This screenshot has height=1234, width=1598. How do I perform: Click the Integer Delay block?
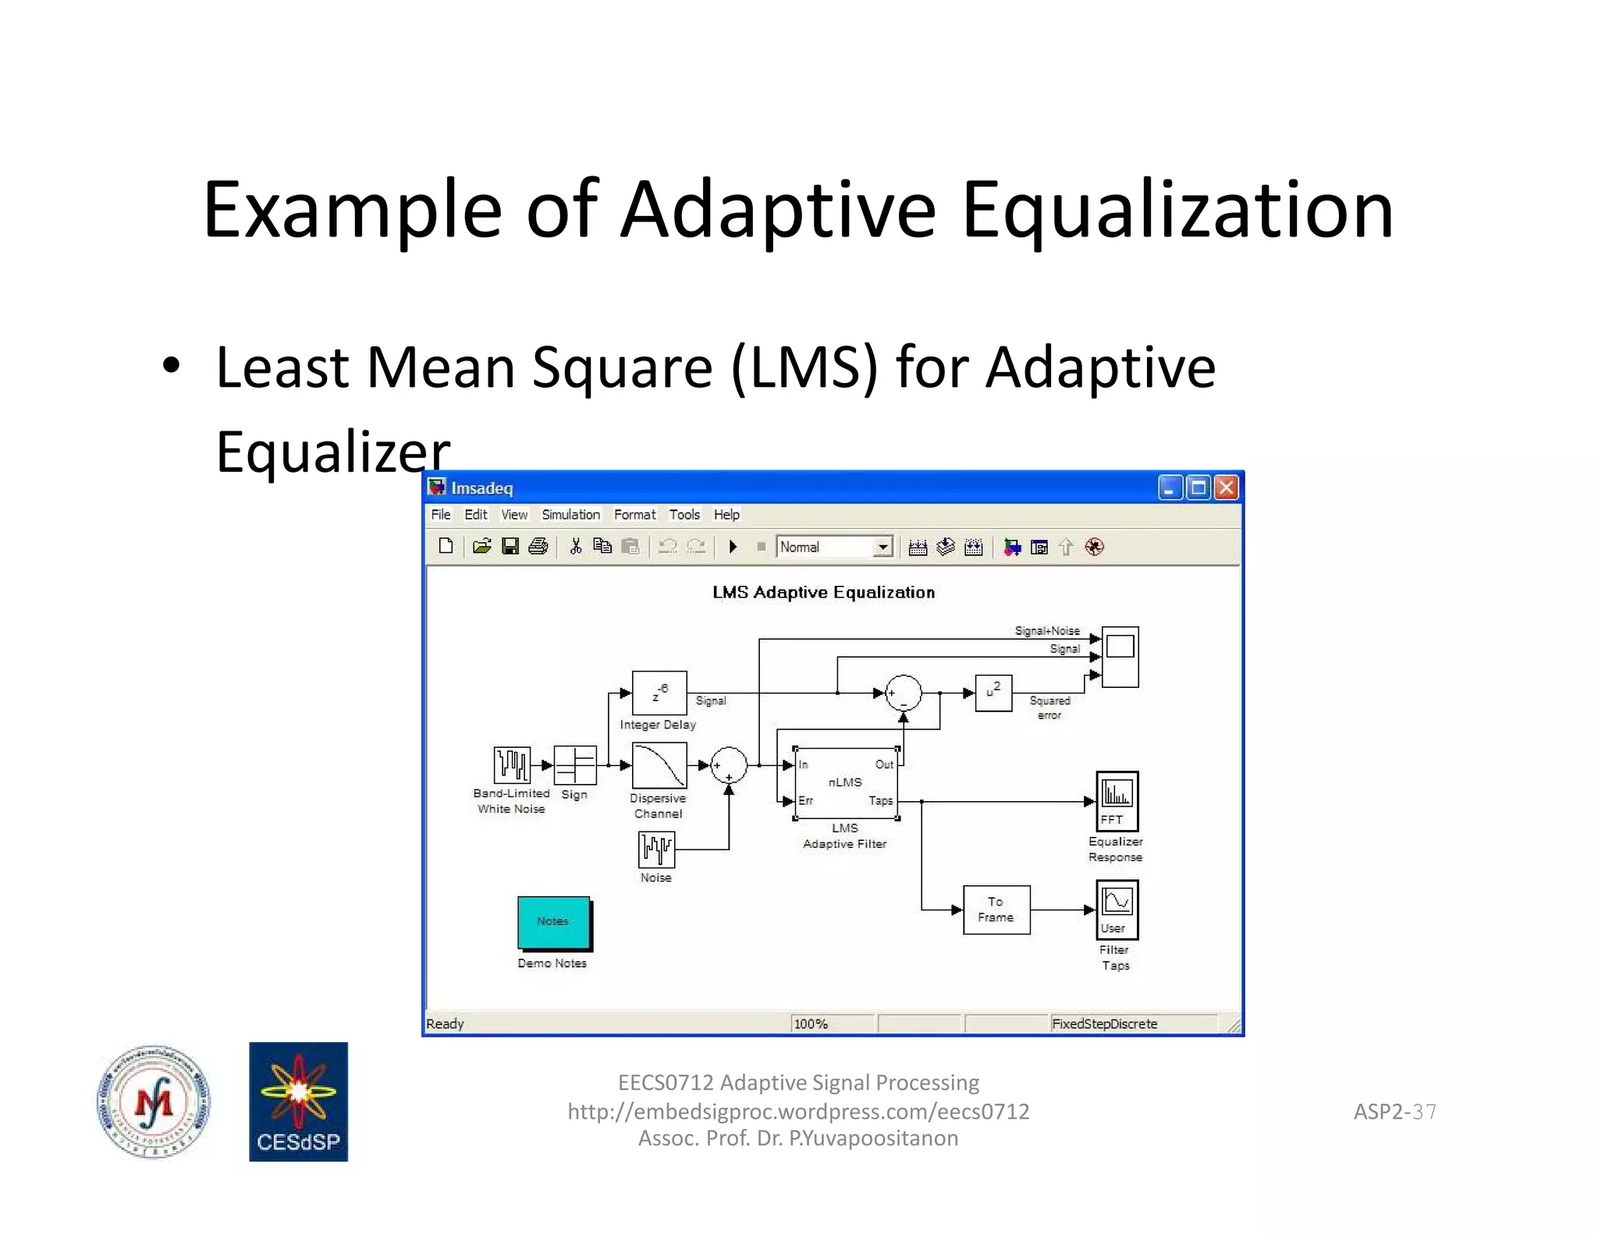point(659,693)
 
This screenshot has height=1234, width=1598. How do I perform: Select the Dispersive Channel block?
point(659,765)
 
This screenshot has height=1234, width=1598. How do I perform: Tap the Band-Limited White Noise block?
point(512,765)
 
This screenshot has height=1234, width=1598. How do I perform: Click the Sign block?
point(575,765)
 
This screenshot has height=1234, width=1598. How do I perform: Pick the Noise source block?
point(656,849)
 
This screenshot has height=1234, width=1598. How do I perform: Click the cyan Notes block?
point(554,922)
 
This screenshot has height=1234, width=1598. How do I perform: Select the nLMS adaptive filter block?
point(846,782)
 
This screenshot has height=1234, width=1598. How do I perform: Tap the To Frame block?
point(996,910)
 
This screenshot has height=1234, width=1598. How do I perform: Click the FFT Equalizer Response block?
point(1117,801)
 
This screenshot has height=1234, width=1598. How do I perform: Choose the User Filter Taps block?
point(1117,910)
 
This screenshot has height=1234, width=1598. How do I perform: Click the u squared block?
point(993,693)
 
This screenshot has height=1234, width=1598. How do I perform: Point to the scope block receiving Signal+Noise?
point(1120,657)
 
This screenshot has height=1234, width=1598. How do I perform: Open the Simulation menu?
point(570,515)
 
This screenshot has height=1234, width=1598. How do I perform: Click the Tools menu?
point(684,515)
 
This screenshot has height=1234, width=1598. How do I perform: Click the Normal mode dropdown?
point(835,548)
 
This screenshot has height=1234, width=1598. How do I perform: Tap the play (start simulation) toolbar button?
point(733,548)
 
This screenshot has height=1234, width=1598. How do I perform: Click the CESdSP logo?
point(298,1101)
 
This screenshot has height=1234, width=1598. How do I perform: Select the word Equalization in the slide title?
point(1177,210)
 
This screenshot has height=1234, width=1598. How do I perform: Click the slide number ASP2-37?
point(1394,1112)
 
